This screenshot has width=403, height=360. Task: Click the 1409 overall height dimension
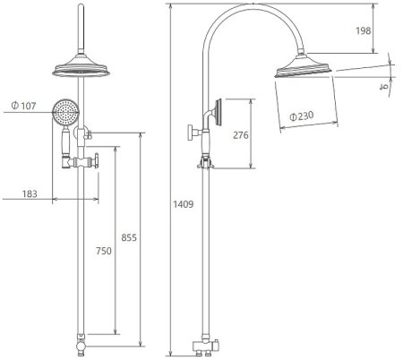tap(184, 204)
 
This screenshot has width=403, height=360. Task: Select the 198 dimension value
tap(363, 30)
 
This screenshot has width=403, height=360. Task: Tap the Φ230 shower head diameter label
tap(302, 116)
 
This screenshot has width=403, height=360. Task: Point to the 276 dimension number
tap(241, 135)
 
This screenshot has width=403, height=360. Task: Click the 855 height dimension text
tap(129, 237)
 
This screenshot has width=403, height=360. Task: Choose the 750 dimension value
tap(104, 251)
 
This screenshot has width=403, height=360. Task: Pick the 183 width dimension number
tap(30, 194)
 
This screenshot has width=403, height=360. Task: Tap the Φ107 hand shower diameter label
tap(23, 106)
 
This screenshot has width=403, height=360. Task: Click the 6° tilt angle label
tap(384, 87)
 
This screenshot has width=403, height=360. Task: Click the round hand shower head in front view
tap(65, 112)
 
